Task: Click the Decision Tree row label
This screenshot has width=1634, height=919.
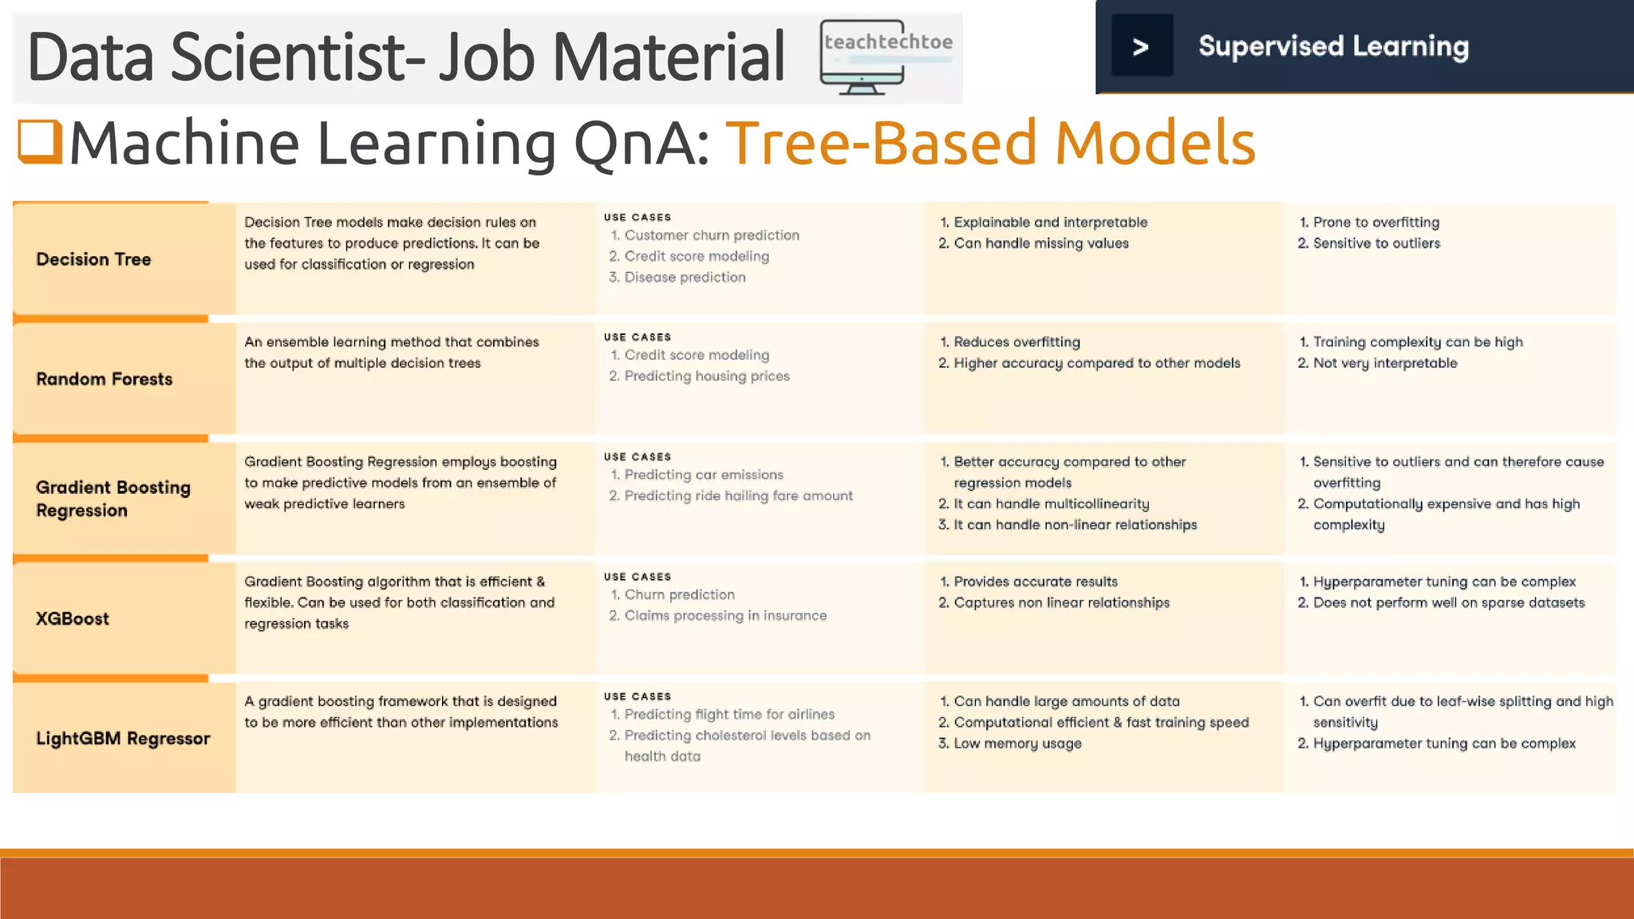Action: point(93,259)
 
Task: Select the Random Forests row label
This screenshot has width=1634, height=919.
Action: point(104,379)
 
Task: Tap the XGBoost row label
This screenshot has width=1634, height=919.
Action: point(73,618)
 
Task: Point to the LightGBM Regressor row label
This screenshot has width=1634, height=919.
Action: point(123,738)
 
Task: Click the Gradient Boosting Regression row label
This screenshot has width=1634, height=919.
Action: point(112,499)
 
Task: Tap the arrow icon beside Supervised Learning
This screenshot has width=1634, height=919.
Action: point(1142,46)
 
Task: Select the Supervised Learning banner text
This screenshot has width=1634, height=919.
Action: point(1333,46)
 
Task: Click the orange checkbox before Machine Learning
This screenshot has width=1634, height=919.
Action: point(40,141)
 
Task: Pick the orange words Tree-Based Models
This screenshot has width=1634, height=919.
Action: point(990,143)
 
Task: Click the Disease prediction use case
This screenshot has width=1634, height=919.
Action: point(685,277)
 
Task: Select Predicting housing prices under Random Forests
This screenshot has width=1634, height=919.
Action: point(706,376)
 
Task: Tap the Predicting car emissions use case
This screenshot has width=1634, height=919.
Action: point(703,475)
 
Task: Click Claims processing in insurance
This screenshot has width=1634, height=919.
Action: point(724,615)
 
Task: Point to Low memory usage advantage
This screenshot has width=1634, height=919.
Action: point(1016,743)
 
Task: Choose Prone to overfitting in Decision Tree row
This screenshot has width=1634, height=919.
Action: point(1375,222)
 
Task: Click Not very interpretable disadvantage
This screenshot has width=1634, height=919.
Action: point(1384,363)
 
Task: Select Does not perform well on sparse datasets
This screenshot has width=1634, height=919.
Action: point(1448,602)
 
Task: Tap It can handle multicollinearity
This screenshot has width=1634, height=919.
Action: point(1051,503)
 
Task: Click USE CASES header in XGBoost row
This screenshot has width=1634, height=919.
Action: point(637,576)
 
